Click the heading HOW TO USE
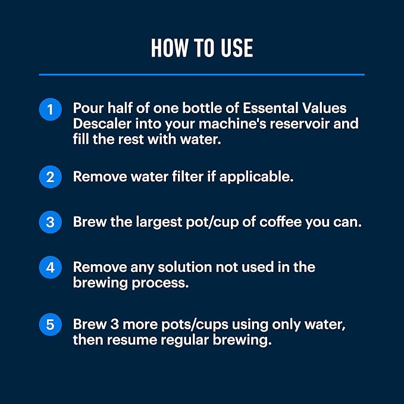tap(202, 48)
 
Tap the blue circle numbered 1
tap(51, 110)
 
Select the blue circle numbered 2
tap(51, 177)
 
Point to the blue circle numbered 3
tap(51, 222)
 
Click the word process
tap(163, 283)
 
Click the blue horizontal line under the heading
tap(202, 74)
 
